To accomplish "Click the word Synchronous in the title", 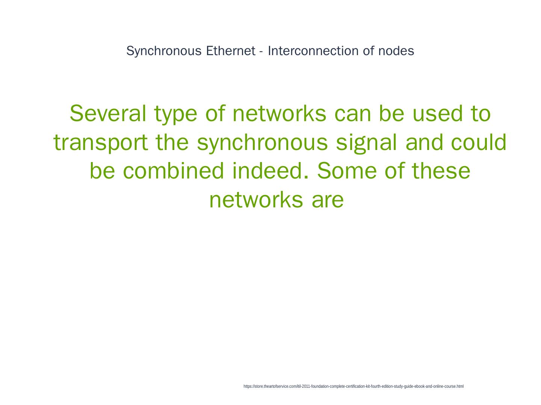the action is click(x=164, y=51).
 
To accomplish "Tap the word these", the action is click(x=441, y=171).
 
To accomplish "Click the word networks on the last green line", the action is click(x=256, y=199).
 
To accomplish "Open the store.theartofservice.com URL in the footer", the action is click(x=353, y=386).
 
